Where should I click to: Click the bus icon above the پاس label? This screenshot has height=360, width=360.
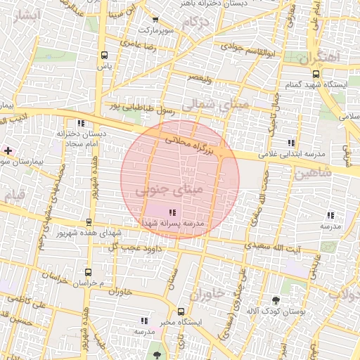(104, 55)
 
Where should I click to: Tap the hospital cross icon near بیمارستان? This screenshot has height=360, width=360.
(8, 150)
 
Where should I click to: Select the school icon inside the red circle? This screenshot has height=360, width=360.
(172, 212)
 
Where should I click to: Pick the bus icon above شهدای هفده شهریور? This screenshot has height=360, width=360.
(89, 222)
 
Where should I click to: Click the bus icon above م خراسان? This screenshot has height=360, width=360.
(88, 272)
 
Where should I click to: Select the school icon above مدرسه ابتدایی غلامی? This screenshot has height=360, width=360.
(290, 143)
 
